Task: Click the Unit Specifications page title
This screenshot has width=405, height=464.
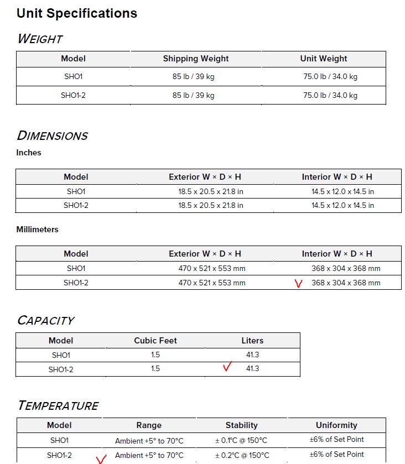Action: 77,13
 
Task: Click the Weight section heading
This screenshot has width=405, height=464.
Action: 40,39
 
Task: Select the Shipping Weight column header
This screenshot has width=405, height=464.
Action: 195,59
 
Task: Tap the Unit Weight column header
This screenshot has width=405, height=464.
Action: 324,59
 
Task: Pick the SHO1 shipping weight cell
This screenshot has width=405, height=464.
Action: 193,77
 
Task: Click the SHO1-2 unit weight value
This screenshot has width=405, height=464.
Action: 330,95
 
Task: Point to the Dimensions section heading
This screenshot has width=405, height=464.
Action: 53,135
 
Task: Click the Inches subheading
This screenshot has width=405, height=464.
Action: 29,153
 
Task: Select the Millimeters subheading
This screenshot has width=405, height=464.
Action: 37,230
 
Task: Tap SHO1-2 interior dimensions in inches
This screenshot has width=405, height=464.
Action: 342,205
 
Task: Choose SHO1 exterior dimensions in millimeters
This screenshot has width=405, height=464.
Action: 212,268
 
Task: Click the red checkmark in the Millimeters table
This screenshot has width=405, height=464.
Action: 299,284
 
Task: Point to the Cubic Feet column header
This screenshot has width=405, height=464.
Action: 155,341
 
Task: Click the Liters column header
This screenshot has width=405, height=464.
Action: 252,341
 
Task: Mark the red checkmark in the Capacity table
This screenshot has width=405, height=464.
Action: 227,367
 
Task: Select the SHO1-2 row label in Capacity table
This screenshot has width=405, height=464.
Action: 61,369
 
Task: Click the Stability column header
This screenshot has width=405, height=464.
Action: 241,425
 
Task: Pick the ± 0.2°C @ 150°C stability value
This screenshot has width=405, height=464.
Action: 241,455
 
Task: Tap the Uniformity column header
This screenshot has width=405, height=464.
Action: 336,425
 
